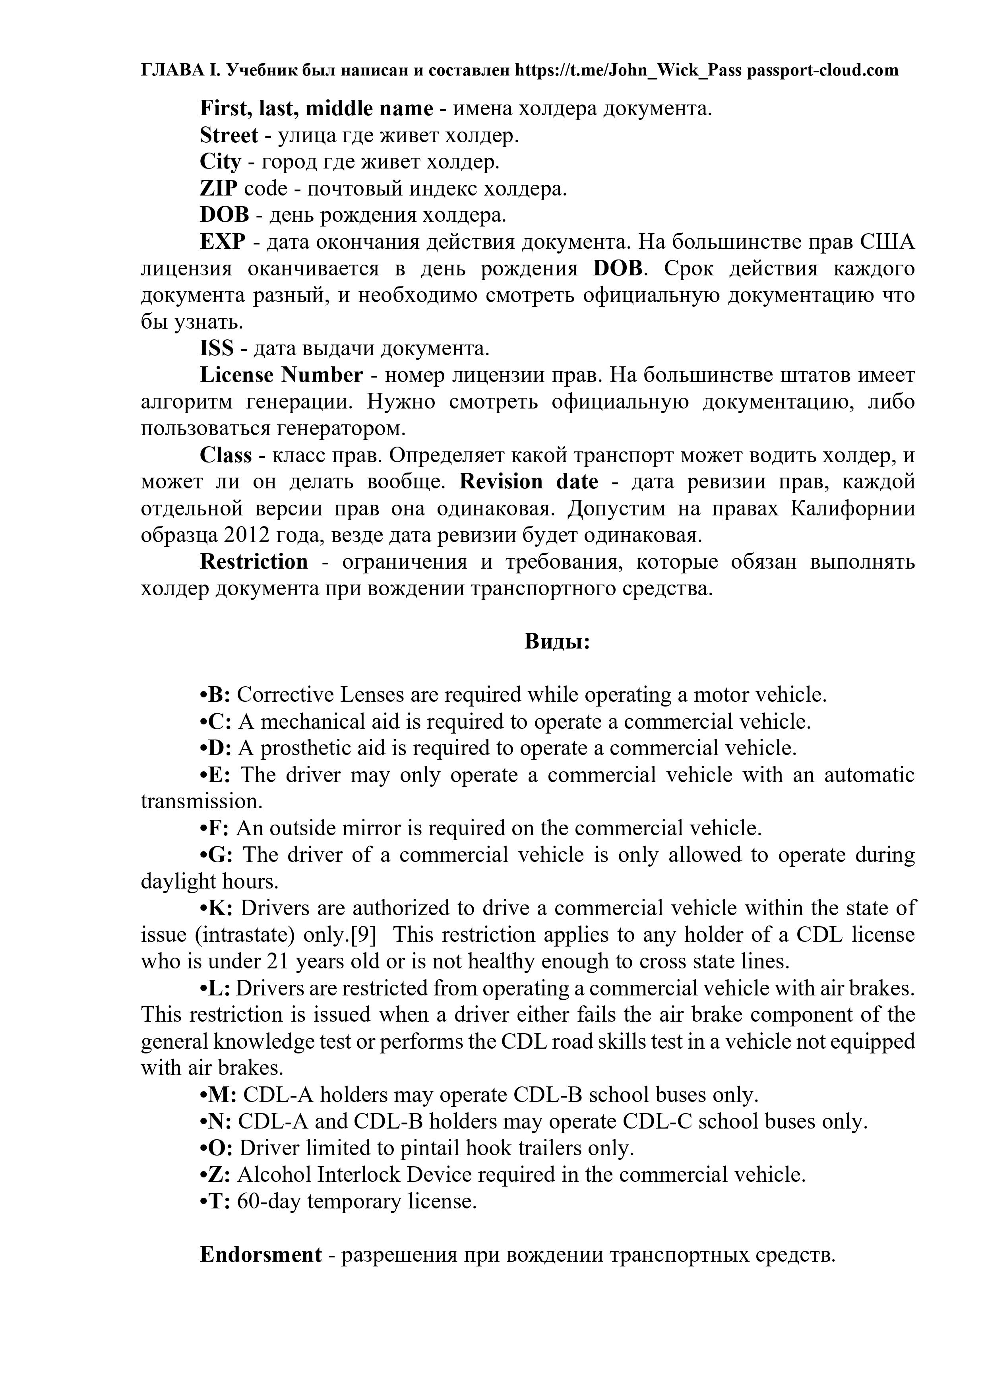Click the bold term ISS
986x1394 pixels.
tap(217, 348)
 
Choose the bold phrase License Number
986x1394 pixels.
tap(281, 375)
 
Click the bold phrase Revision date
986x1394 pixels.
tap(528, 482)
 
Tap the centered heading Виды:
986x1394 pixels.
tap(557, 642)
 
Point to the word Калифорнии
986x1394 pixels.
tap(852, 508)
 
